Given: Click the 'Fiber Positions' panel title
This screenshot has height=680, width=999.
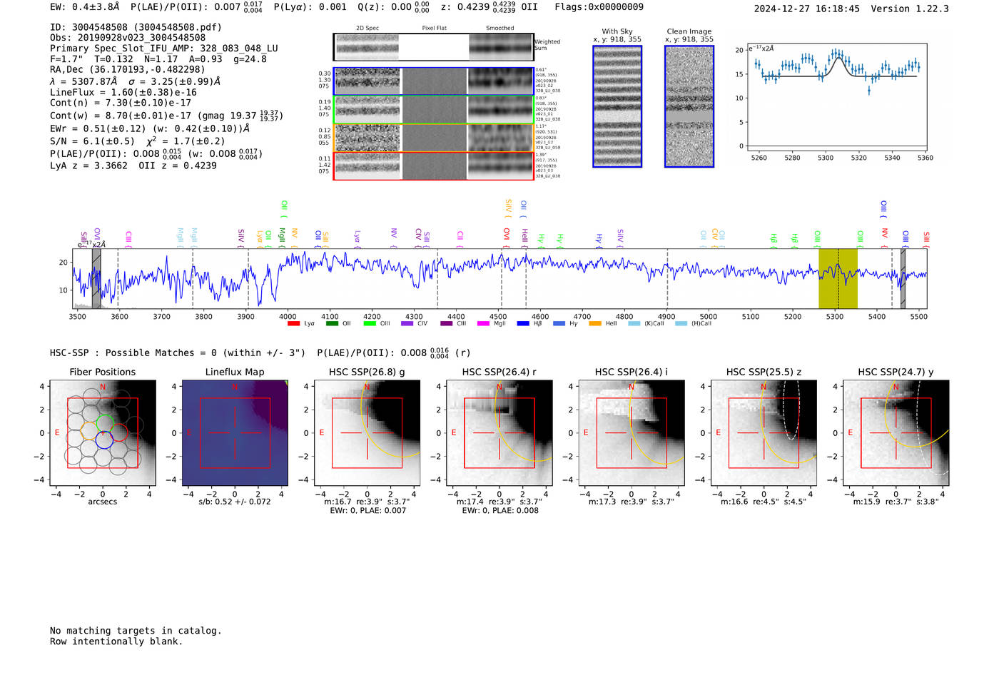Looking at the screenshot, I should (102, 372).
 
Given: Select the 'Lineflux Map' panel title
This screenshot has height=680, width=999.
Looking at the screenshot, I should (235, 372).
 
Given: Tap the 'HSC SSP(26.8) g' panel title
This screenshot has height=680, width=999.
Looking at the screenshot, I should (367, 372).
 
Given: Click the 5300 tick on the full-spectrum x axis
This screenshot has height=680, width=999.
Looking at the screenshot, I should (834, 316).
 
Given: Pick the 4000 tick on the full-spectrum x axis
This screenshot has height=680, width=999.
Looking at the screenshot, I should (288, 316).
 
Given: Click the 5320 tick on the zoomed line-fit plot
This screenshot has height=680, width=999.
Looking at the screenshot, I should (858, 158).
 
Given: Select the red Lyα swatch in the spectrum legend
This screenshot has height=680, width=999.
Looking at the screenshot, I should (293, 324).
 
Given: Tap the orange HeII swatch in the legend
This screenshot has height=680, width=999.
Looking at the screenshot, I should (595, 324).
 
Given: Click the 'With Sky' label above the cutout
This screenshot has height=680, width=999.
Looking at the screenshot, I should (617, 31).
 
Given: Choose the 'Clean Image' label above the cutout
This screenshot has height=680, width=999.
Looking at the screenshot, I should (689, 31).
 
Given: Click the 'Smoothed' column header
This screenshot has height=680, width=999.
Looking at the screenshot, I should (499, 29).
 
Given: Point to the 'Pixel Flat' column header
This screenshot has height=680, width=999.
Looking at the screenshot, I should (434, 29).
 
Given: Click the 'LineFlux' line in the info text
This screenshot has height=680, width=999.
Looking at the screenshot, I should (123, 92).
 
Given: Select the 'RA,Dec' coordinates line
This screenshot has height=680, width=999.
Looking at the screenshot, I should (127, 69).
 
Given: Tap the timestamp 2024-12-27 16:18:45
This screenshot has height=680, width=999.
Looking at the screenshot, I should (806, 9).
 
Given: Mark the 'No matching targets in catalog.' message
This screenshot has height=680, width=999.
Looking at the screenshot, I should (136, 631).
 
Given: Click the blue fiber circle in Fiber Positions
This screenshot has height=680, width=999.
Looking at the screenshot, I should (104, 440).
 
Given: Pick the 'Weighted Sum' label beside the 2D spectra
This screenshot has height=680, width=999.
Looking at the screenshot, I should (547, 45).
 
